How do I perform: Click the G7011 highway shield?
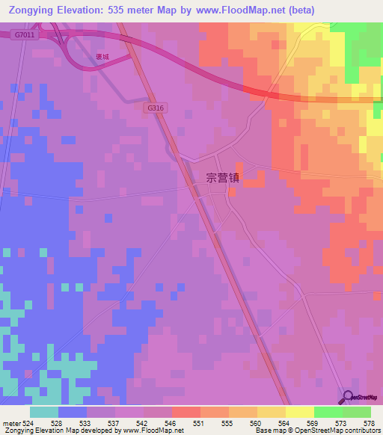click(24, 34)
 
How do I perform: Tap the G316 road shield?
click(155, 108)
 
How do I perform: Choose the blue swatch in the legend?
click(73, 412)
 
